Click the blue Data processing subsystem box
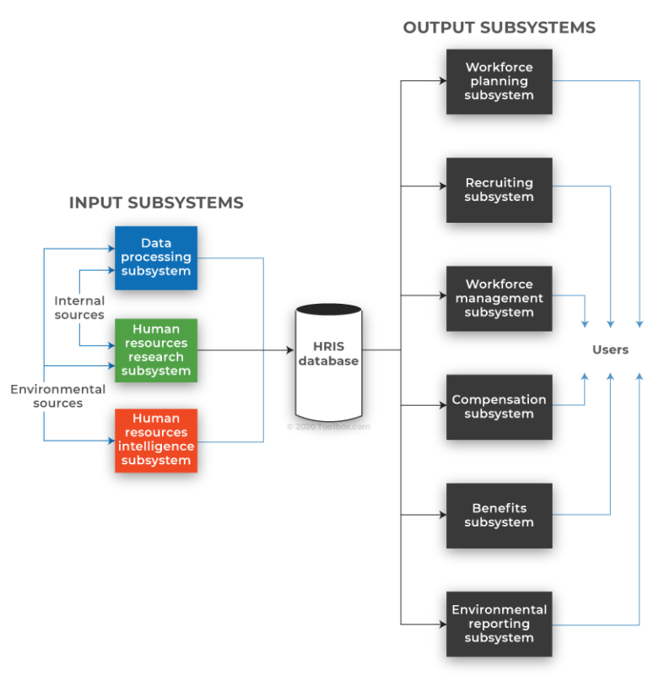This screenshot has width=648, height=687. [x=156, y=257]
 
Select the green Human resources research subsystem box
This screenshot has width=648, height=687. [x=156, y=350]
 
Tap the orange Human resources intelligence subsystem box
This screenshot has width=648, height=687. [x=156, y=440]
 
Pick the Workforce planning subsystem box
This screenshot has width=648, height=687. [x=499, y=82]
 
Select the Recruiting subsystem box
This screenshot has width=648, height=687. [x=499, y=190]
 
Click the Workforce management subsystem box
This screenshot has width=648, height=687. [x=499, y=298]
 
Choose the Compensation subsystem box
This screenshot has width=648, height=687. [x=499, y=407]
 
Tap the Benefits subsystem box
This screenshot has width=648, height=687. [x=499, y=515]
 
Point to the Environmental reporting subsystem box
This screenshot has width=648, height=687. [x=499, y=624]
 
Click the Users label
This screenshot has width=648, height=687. [x=610, y=349]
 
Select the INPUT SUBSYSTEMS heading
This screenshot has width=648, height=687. [x=156, y=203]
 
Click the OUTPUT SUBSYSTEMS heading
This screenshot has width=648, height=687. [x=499, y=28]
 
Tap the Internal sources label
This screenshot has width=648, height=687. [x=79, y=307]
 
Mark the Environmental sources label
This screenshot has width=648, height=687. [x=57, y=396]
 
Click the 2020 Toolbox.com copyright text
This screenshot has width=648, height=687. [x=328, y=427]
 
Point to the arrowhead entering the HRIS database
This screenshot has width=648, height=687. [x=289, y=350]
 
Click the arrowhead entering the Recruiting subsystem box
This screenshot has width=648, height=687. [x=441, y=187]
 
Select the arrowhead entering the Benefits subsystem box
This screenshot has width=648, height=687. [x=441, y=514]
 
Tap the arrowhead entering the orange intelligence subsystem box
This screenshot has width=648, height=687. [x=111, y=441]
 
